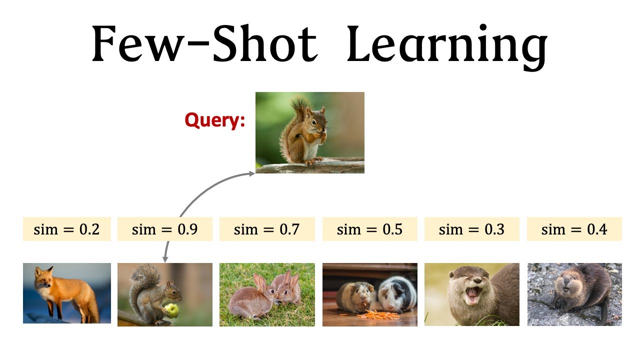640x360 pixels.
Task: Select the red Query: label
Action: click(215, 120)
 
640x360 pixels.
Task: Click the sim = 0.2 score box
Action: click(66, 229)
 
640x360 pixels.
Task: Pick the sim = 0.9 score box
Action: click(164, 229)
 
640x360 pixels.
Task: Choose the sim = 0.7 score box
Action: click(267, 229)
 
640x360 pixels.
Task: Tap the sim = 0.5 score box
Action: click(369, 229)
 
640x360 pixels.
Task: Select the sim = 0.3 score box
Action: click(471, 229)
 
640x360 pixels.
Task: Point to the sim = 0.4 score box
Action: click(574, 229)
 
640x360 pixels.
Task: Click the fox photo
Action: click(66, 293)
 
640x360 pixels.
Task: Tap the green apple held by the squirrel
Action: click(172, 310)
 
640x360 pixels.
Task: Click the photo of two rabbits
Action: click(267, 294)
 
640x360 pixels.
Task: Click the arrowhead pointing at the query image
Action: click(252, 173)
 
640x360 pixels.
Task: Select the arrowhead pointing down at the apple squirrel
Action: click(164, 259)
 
